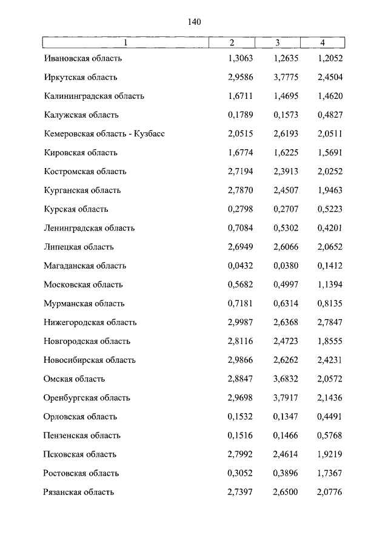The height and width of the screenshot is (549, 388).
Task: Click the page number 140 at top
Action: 194,22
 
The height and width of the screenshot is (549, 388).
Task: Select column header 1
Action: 125,42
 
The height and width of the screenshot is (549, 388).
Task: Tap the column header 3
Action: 277,42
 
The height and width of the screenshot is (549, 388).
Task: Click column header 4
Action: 323,42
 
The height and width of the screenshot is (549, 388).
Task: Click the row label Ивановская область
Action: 83,59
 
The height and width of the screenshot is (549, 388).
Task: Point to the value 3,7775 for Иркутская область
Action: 286,78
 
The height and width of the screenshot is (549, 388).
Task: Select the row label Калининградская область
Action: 94,96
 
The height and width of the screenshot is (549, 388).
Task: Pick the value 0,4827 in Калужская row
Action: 329,115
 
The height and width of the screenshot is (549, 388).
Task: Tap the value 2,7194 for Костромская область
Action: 240,172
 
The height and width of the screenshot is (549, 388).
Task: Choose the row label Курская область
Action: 76,209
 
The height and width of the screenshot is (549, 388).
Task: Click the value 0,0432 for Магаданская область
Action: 240,266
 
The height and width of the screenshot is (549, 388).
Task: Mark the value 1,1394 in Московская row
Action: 329,285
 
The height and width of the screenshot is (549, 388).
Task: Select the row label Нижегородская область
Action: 90,322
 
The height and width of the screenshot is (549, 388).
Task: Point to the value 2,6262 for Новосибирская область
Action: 286,360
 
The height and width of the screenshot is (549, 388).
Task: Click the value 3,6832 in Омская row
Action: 286,379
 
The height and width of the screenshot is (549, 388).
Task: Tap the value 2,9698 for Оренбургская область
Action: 240,398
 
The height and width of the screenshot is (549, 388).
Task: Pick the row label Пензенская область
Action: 82,436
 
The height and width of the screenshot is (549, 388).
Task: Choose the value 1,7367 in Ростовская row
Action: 329,473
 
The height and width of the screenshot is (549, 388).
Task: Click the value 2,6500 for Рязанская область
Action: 286,492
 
